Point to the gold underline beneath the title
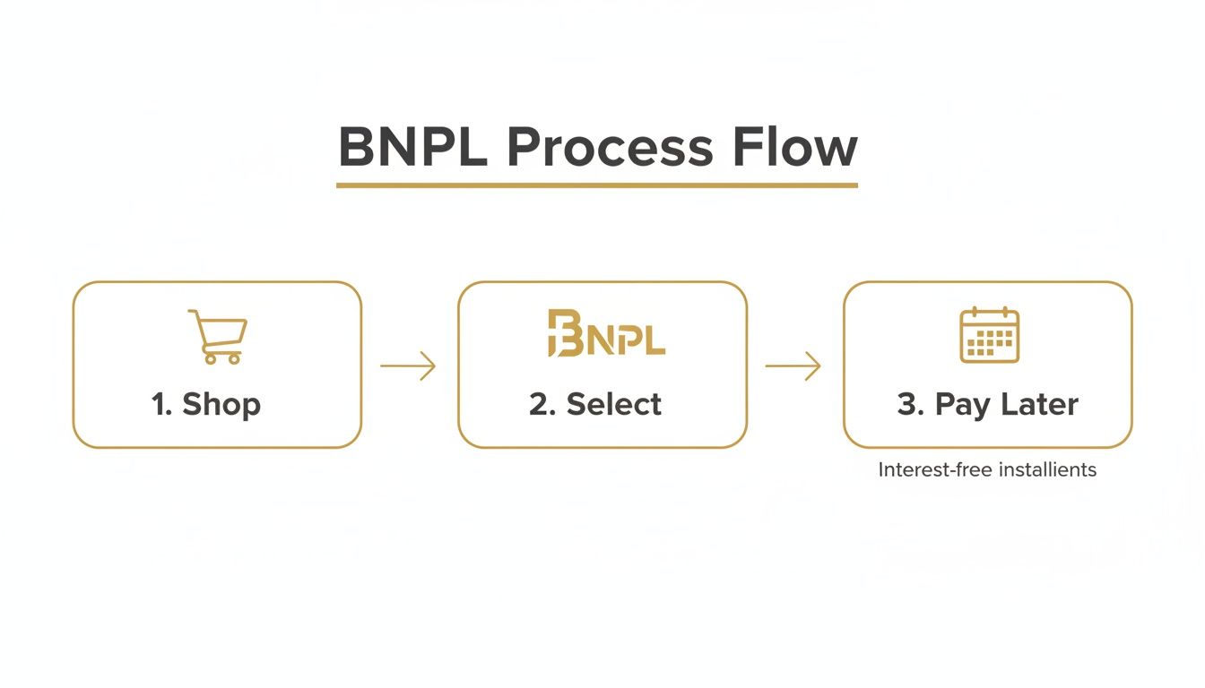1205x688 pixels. click(x=596, y=185)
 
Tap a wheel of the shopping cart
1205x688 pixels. click(x=211, y=358)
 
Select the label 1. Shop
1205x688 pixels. click(x=206, y=404)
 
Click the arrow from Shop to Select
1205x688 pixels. click(x=408, y=365)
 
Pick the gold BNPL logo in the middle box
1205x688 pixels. click(x=606, y=334)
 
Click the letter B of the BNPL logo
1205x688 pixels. click(x=561, y=334)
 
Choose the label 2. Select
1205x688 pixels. click(x=595, y=404)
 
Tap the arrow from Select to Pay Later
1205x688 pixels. click(x=793, y=365)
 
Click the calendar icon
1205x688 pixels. click(x=989, y=335)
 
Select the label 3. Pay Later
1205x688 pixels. click(x=987, y=404)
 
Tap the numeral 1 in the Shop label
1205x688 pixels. click(x=160, y=404)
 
